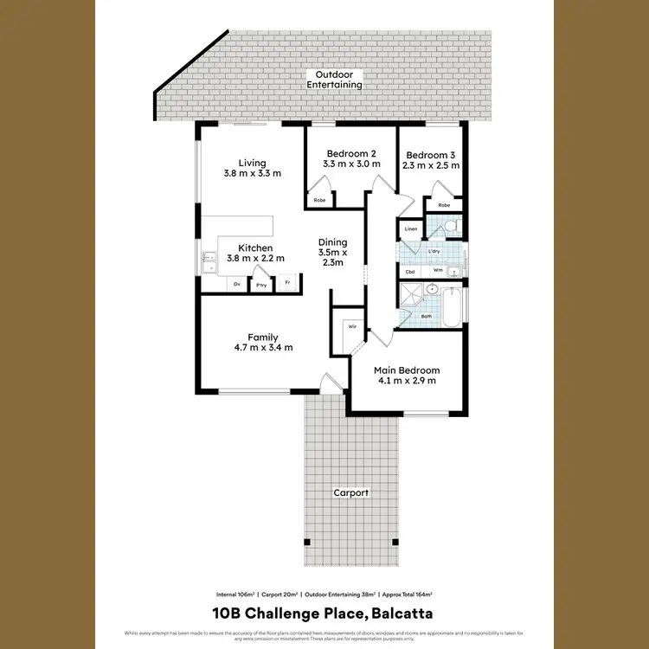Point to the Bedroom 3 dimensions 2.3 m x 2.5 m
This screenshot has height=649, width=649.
pyautogui.click(x=430, y=165)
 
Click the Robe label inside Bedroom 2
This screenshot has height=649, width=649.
pyautogui.click(x=318, y=200)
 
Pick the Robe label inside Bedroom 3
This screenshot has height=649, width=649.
pyautogui.click(x=444, y=205)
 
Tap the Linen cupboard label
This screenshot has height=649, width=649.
pyautogui.click(x=411, y=229)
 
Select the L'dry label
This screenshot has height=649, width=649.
pyautogui.click(x=434, y=252)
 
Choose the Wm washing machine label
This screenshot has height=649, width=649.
pyautogui.click(x=438, y=271)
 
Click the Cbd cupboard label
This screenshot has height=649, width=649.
pyautogui.click(x=410, y=271)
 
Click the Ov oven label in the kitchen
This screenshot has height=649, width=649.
pyautogui.click(x=237, y=283)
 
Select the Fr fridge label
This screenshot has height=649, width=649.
pyautogui.click(x=287, y=283)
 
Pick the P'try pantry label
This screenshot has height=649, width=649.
pyautogui.click(x=260, y=285)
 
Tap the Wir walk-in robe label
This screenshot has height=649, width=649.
pyautogui.click(x=353, y=326)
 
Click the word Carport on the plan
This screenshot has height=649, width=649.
pyautogui.click(x=351, y=492)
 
